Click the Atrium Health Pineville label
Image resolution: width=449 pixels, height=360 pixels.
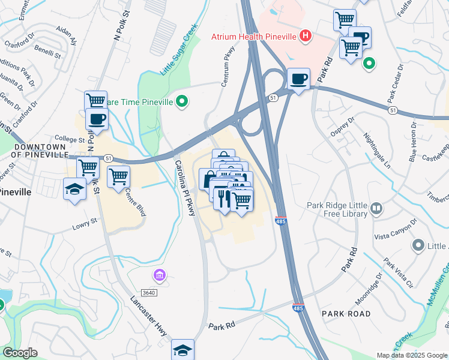click(254, 37)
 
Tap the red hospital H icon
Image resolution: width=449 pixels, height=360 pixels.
click(306, 36)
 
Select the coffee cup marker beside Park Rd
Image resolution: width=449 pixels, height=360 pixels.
click(298, 79)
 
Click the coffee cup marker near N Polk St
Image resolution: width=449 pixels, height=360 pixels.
click(96, 118)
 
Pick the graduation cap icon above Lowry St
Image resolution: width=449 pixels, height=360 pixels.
click(74, 190)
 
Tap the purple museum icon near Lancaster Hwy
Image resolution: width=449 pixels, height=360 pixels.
click(159, 275)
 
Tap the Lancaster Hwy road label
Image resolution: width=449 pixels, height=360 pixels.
click(146, 317)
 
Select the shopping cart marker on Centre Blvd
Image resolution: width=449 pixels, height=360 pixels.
click(118, 176)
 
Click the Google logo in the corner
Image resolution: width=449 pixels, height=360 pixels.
click(20, 353)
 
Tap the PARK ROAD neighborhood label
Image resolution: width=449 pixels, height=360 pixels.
click(346, 314)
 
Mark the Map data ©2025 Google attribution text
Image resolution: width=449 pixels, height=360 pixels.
click(412, 355)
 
